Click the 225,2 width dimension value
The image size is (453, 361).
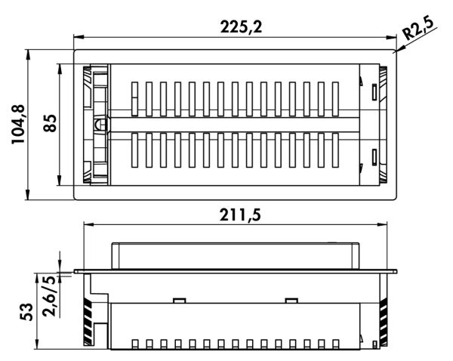tap(241, 27)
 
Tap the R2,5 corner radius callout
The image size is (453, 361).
tap(418, 28)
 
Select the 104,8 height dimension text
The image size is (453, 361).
tap(18, 125)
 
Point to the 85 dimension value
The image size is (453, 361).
tap(50, 123)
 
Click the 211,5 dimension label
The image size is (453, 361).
tap(240, 214)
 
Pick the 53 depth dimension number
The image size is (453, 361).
tap(26, 312)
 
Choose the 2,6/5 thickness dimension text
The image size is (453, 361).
tap(49, 297)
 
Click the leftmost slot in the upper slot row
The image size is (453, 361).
tap(134, 99)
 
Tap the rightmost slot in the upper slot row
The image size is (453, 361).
tap(335, 99)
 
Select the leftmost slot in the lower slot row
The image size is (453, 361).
tap(134, 150)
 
